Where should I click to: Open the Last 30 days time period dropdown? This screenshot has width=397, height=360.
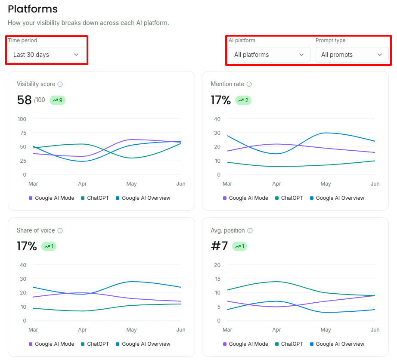click(x=47, y=55)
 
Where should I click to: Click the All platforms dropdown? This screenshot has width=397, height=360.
click(x=270, y=55)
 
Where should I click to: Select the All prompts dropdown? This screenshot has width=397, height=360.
click(x=352, y=55)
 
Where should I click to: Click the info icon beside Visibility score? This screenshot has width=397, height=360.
click(x=60, y=84)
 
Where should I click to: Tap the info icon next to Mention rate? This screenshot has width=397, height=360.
click(x=249, y=84)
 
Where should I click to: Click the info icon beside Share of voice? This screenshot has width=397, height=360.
click(x=60, y=230)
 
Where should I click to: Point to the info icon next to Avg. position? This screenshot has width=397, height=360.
click(x=250, y=230)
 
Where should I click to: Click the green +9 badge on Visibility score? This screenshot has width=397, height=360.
click(x=57, y=100)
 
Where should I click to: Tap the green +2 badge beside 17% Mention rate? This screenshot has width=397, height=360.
click(x=243, y=100)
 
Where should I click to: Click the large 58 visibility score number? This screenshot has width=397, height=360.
click(x=24, y=100)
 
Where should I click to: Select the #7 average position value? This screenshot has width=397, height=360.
click(x=219, y=246)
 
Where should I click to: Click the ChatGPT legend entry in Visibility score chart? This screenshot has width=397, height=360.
click(x=95, y=198)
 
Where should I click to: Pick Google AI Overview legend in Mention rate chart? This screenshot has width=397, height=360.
click(x=337, y=198)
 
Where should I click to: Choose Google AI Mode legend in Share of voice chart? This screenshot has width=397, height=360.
click(x=52, y=344)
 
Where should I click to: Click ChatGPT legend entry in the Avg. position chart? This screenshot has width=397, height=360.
click(x=289, y=344)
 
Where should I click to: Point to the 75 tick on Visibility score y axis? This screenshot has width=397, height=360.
click(x=23, y=133)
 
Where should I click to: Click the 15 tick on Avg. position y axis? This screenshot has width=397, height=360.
click(x=217, y=279)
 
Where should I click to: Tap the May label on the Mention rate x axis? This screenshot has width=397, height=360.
click(x=326, y=184)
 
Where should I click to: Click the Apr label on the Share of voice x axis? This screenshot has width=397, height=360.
click(x=83, y=329)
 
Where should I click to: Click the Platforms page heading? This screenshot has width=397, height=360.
click(x=33, y=9)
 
